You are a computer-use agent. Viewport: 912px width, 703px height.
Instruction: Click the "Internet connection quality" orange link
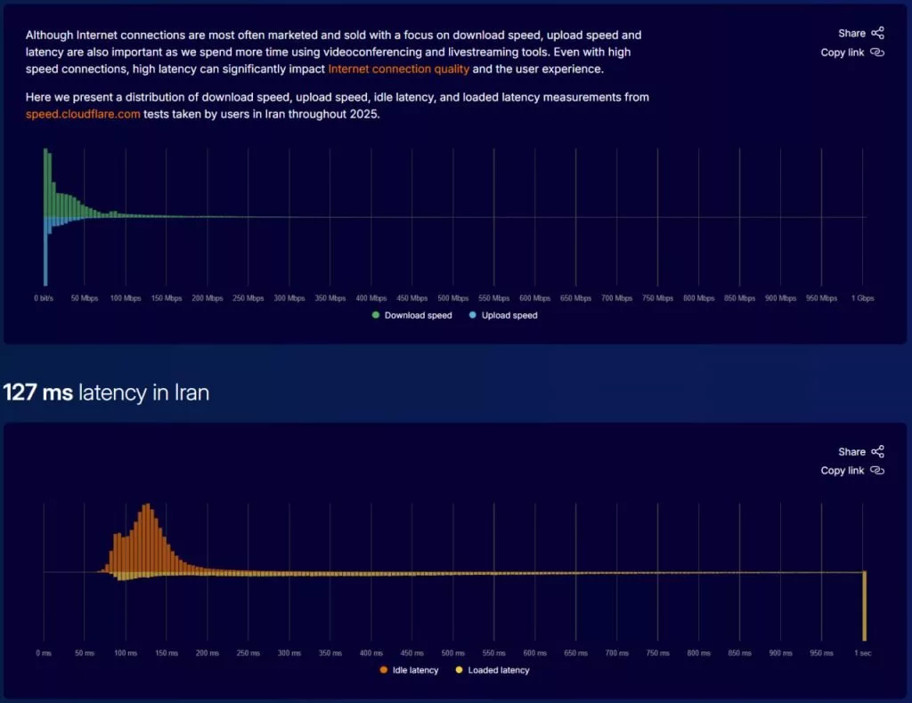click(398, 69)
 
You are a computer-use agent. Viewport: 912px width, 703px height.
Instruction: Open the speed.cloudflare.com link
click(83, 113)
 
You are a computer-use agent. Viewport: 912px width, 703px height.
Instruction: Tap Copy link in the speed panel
click(851, 53)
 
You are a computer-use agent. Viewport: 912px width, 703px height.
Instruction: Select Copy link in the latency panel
click(851, 471)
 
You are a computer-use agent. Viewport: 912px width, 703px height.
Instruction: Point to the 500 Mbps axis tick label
click(452, 298)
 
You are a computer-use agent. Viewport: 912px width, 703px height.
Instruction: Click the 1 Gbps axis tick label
click(863, 298)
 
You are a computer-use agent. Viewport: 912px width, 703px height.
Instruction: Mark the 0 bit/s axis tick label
click(45, 298)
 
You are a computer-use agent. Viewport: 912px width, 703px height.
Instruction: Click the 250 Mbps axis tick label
click(248, 298)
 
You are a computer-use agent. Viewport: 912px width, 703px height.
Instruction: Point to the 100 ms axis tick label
click(126, 653)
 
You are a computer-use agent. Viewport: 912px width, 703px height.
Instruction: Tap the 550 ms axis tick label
click(494, 653)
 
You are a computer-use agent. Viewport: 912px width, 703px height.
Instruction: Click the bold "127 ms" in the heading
click(38, 392)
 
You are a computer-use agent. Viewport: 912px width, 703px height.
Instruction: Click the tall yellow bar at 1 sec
click(864, 605)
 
